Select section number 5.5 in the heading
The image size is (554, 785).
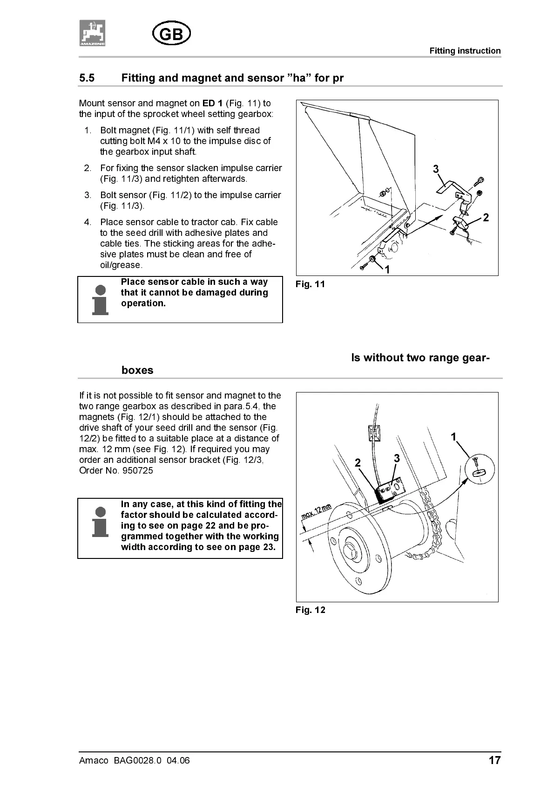click(87, 78)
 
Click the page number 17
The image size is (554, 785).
click(494, 761)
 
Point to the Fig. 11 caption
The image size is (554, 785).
click(310, 284)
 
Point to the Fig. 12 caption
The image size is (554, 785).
click(310, 610)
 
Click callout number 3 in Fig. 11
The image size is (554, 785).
click(436, 169)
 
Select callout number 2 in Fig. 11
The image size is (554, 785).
click(486, 217)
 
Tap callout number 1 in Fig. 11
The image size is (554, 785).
click(387, 269)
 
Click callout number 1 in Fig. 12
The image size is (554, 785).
click(453, 437)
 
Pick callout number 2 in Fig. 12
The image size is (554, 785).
click(358, 463)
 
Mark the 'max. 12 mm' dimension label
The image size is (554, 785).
click(316, 512)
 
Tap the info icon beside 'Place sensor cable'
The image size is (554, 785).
click(100, 300)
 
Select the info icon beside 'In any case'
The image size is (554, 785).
click(100, 522)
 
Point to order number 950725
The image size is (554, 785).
click(137, 471)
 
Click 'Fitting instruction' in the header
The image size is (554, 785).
click(465, 51)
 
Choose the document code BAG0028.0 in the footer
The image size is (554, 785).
click(137, 761)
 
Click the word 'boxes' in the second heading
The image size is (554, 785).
click(137, 371)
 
